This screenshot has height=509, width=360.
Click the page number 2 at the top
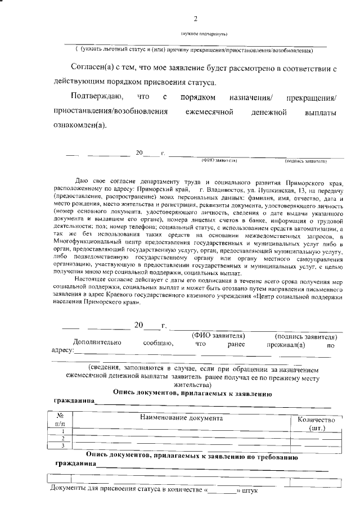[x=196, y=19]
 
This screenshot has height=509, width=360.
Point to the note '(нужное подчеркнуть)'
[x=204, y=34]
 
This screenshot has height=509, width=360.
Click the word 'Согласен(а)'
[x=90, y=67]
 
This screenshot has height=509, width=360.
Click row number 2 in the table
[x=63, y=438]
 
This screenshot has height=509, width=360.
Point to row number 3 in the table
[x=63, y=446]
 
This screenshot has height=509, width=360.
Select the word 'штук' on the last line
[x=249, y=491]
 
